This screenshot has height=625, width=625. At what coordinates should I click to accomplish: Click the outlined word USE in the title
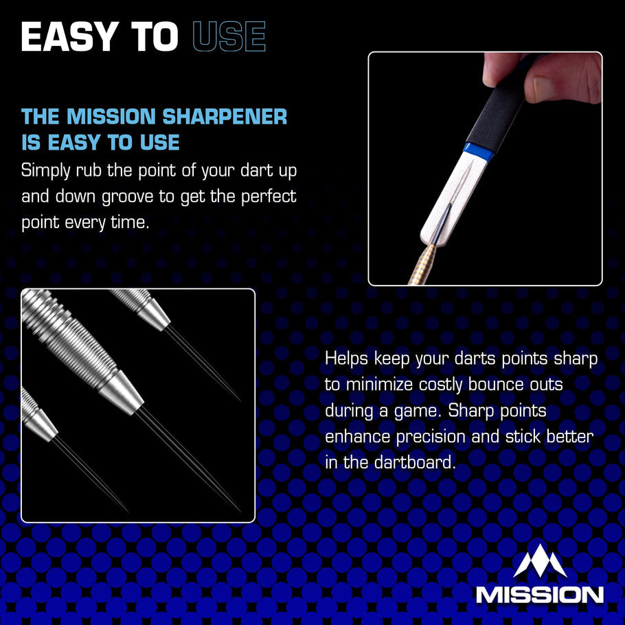tap(229, 38)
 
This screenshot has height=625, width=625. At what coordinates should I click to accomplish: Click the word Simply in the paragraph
tap(45, 170)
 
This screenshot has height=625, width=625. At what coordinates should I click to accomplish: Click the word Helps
tap(350, 359)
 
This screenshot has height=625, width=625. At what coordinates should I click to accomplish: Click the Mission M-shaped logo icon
tap(540, 561)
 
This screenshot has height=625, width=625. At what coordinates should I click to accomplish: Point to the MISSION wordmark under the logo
tap(540, 594)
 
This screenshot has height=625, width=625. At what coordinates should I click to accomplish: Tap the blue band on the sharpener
tap(477, 150)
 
